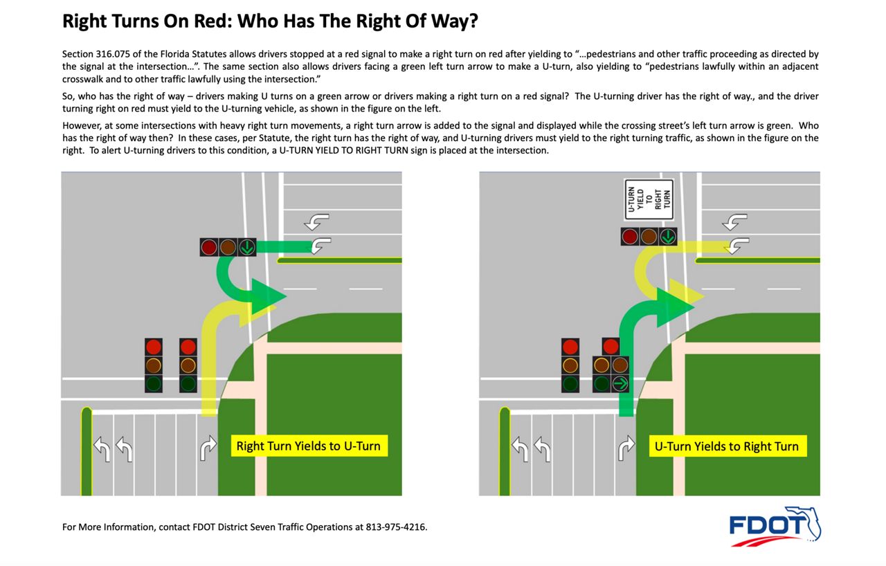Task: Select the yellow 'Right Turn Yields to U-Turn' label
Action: [308, 446]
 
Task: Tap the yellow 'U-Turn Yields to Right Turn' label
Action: [727, 446]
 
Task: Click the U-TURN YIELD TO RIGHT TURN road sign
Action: [648, 200]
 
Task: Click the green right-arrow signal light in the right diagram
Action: [620, 383]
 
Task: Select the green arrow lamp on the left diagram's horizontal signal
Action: [247, 247]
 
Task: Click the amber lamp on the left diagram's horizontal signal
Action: [228, 247]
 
